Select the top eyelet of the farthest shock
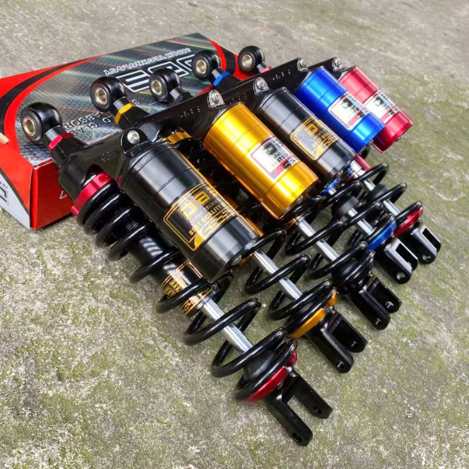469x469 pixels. click(x=251, y=59)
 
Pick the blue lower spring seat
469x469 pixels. click(x=381, y=235)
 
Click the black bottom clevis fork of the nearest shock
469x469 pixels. click(x=299, y=410)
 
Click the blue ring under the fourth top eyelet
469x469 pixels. click(x=220, y=78)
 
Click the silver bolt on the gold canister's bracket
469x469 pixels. click(x=216, y=99)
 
